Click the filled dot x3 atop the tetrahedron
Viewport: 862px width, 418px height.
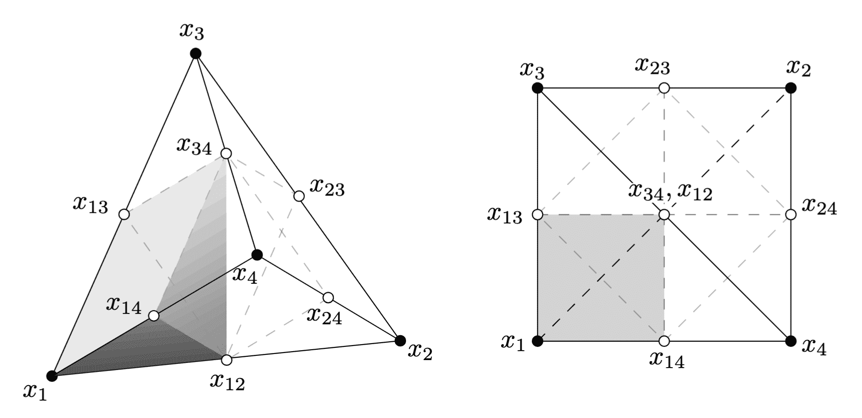195,53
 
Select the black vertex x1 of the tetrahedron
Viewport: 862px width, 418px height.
52,376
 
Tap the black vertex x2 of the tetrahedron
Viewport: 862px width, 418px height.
400,340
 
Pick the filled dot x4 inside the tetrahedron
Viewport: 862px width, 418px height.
257,255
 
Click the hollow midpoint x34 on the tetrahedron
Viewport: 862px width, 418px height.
226,153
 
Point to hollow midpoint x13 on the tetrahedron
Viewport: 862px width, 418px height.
124,214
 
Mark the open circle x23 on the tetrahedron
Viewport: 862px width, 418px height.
299,196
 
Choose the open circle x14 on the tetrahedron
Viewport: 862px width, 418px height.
154,315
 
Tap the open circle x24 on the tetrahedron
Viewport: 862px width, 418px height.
328,297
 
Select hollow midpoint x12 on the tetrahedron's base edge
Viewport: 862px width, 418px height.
227,360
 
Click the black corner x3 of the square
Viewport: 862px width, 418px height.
537,88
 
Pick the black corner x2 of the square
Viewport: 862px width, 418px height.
791,88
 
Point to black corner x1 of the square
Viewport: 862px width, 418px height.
537,341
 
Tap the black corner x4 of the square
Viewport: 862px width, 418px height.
791,341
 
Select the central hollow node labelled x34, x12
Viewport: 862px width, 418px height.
664,215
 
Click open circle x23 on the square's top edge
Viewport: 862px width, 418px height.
664,88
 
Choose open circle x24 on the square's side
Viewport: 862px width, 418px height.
791,215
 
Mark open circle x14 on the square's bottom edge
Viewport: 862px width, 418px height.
664,341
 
